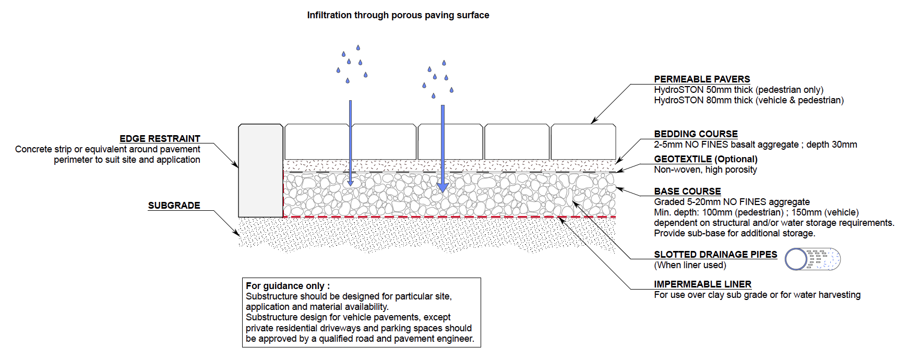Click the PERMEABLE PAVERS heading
[701, 79]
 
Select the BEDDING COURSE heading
[696, 134]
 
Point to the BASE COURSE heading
[687, 191]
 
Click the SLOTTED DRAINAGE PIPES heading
[715, 255]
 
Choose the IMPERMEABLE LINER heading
[702, 284]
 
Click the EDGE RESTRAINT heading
[160, 139]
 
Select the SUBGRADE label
[174, 206]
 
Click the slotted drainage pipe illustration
[813, 259]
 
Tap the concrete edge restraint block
[260, 170]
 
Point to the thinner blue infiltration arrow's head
[350, 183]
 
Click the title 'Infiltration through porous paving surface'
[398, 15]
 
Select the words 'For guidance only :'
[288, 286]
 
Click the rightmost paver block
[583, 141]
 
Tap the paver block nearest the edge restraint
[317, 141]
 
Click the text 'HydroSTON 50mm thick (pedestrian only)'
[738, 90]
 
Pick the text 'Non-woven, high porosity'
[705, 170]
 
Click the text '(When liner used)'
[690, 265]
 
